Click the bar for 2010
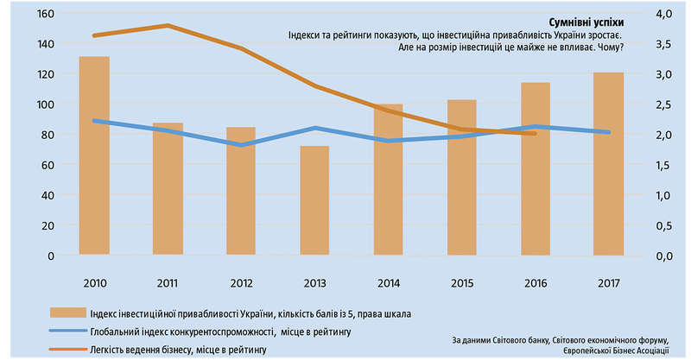[x=94, y=155]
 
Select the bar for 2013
[x=314, y=200]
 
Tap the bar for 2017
[x=609, y=163]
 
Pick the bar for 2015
[x=462, y=177]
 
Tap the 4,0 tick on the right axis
[x=663, y=14]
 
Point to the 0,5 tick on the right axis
[x=663, y=225]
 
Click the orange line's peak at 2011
[x=168, y=26]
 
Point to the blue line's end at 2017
[x=609, y=132]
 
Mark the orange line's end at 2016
[x=536, y=133]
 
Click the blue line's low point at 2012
[x=241, y=145]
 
